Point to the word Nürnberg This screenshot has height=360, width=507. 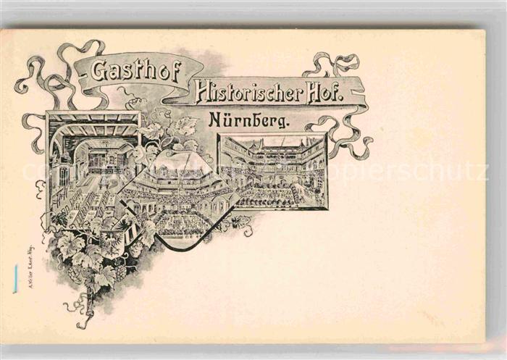(x=243, y=120)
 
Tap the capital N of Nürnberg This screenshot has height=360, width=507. (x=215, y=120)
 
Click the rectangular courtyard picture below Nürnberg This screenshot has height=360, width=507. (x=273, y=172)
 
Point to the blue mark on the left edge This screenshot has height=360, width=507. (x=14, y=279)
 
